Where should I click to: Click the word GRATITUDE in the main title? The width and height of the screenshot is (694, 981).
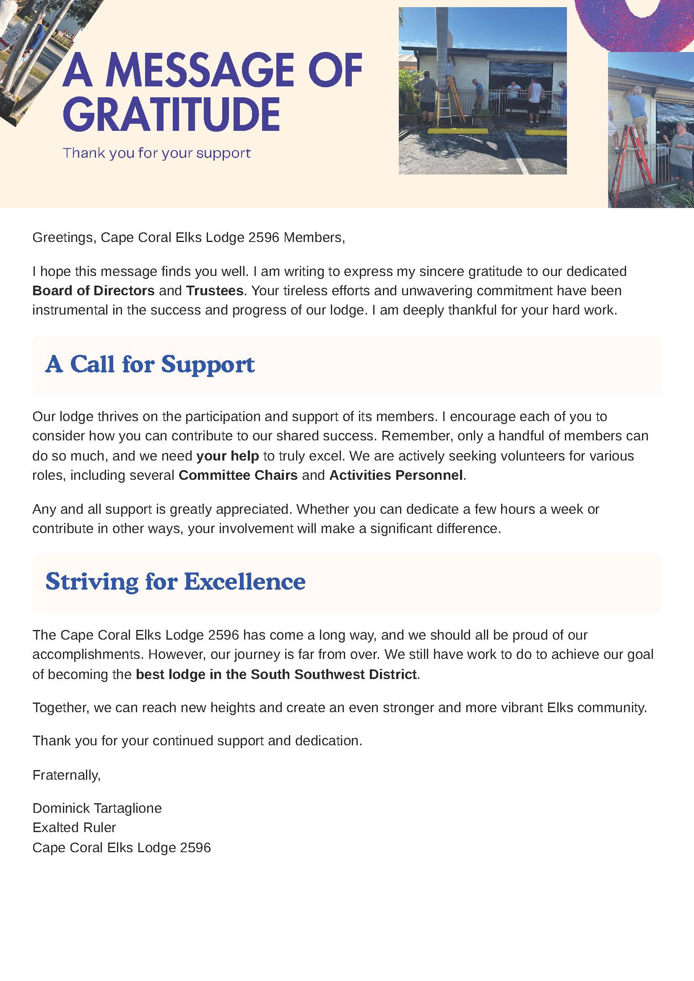click(172, 114)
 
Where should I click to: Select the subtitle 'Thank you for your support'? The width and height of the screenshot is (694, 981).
click(156, 153)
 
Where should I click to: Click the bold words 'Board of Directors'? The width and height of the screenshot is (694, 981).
click(93, 291)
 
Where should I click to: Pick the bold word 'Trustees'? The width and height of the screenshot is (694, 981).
click(215, 291)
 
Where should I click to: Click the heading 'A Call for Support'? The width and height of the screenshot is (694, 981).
click(150, 364)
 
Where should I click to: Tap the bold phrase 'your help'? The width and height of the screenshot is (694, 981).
click(227, 455)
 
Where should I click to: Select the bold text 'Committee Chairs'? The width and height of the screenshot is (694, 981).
click(238, 475)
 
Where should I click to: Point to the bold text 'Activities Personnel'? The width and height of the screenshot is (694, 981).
click(396, 475)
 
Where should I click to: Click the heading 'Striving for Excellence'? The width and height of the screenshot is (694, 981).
click(175, 582)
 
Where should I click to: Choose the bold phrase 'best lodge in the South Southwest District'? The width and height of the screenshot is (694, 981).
click(276, 674)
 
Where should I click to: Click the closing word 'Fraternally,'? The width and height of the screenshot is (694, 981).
click(67, 775)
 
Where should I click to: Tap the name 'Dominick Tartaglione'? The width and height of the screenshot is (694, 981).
click(97, 808)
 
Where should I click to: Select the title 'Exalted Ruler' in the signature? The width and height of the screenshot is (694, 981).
click(74, 827)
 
